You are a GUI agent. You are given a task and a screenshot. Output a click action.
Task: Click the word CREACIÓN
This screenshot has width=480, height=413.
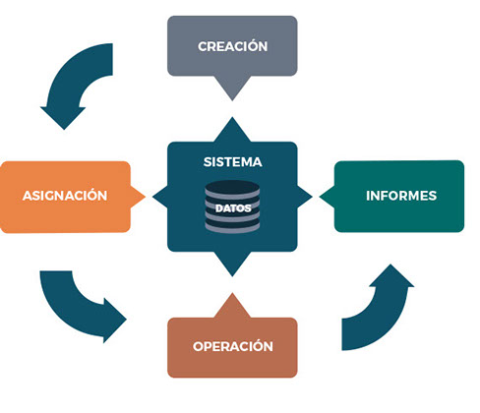click(x=232, y=46)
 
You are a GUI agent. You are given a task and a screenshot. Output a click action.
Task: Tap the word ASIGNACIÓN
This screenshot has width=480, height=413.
click(x=65, y=195)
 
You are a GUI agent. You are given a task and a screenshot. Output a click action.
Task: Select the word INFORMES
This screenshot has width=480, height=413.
click(x=401, y=196)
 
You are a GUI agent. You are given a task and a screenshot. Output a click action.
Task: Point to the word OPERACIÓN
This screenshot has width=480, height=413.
click(x=233, y=346)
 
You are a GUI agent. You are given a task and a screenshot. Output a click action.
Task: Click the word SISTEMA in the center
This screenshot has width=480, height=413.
click(x=233, y=162)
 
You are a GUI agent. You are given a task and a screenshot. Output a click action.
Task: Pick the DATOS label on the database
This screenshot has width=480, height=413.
click(x=233, y=208)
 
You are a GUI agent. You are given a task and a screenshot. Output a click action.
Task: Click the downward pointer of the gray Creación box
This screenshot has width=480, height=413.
click(x=232, y=88)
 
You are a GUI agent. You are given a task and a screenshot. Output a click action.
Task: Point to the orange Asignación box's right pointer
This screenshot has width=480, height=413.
click(x=138, y=197)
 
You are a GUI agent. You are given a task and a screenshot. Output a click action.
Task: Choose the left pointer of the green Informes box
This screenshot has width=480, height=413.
click(x=328, y=197)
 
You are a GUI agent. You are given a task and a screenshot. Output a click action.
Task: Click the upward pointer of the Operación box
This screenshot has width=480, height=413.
click(x=232, y=306)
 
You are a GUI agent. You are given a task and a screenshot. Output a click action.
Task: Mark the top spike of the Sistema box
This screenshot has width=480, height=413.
click(x=232, y=130)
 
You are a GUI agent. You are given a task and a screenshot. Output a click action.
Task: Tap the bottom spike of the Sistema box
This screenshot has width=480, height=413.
click(x=232, y=264)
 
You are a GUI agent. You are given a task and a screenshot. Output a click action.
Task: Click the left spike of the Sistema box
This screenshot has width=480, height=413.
click(x=160, y=197)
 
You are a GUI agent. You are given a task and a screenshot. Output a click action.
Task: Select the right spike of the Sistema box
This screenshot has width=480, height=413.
click(x=305, y=197)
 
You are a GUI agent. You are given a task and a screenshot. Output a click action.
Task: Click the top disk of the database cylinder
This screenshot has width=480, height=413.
click(x=232, y=188)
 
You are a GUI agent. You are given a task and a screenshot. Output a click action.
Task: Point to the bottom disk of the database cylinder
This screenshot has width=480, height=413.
click(x=232, y=227)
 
